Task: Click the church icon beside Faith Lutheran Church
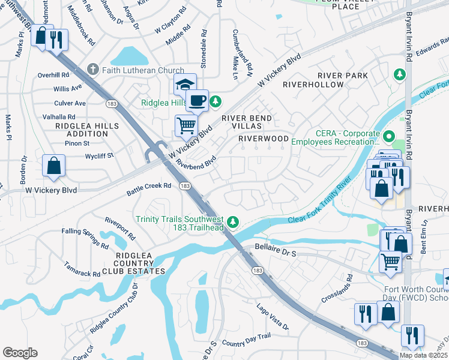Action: (x=92, y=70)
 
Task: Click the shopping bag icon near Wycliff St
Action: (x=54, y=166)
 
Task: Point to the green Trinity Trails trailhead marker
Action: (x=236, y=223)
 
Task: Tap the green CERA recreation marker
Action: (x=389, y=137)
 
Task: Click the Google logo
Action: (x=20, y=352)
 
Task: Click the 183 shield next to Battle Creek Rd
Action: (x=185, y=187)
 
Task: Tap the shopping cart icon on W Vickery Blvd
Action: (x=186, y=125)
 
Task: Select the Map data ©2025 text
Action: (x=423, y=355)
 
